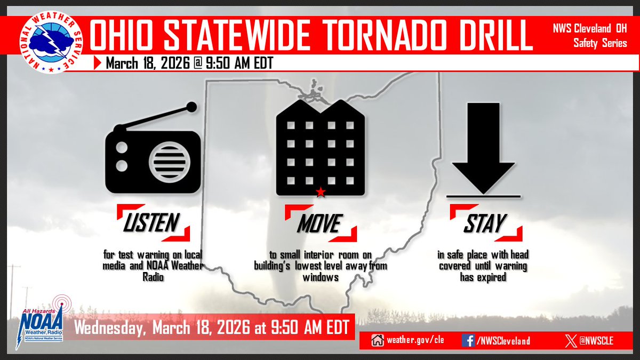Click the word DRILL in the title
coord(491,36)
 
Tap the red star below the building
coord(320,192)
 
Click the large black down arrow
coord(483,147)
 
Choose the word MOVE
coord(318,223)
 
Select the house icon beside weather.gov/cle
coord(378,340)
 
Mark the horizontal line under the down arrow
coord(483,197)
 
